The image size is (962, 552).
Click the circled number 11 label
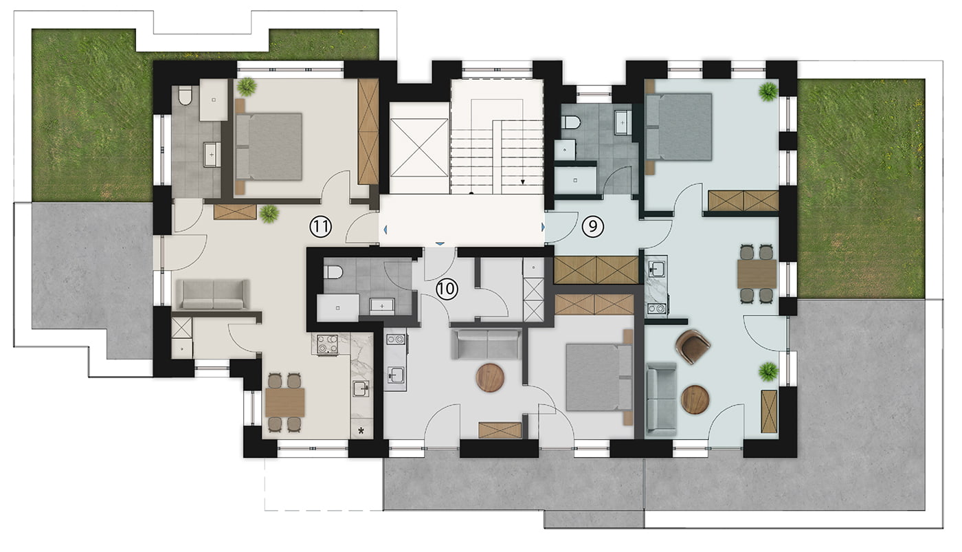click(x=322, y=226)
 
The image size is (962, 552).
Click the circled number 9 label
click(x=592, y=226)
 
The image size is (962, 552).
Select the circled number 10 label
click(x=447, y=289)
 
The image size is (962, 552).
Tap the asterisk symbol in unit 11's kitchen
click(x=361, y=430)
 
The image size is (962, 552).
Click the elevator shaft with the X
click(x=418, y=148)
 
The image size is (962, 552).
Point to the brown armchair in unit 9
click(x=693, y=346)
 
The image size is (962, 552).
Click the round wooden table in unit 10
click(x=490, y=377)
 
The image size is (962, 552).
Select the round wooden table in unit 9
click(x=695, y=399)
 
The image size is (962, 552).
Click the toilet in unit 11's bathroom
click(x=185, y=96)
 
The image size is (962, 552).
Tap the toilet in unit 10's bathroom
click(x=333, y=272)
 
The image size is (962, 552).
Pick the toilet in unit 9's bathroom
click(x=571, y=123)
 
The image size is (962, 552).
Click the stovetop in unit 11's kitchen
click(x=327, y=344)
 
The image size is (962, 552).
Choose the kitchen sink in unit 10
click(x=396, y=375)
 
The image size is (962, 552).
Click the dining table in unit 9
click(x=757, y=274)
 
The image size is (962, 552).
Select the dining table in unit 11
click(x=284, y=402)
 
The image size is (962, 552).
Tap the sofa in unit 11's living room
click(x=213, y=295)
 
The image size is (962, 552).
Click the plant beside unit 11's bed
click(x=247, y=87)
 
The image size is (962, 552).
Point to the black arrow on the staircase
click(x=523, y=181)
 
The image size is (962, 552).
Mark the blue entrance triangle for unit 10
click(x=439, y=243)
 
